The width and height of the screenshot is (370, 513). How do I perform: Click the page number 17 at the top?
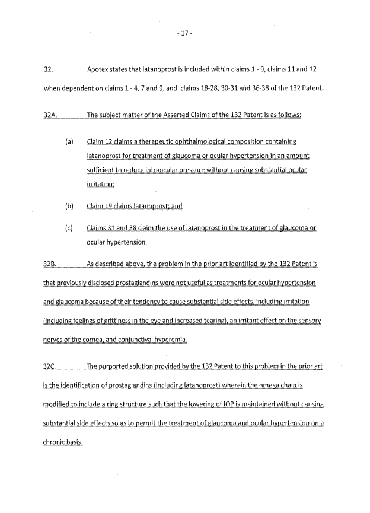tap(185, 33)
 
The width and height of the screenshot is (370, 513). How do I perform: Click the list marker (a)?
tap(69, 142)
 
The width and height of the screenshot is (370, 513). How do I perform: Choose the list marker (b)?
tap(69, 207)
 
